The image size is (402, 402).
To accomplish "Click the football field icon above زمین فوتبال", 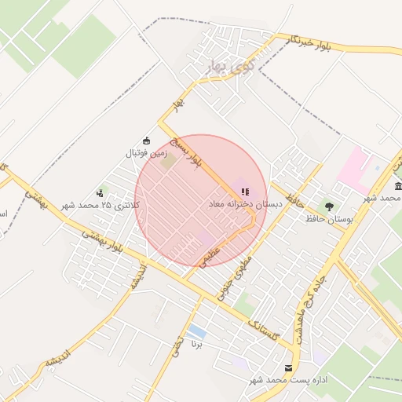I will click(x=145, y=141).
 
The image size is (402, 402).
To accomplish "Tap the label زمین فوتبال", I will click(x=144, y=153).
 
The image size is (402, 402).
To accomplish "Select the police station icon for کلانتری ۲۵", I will click(x=100, y=192).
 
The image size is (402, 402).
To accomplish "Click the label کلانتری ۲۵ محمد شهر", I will click(x=101, y=205).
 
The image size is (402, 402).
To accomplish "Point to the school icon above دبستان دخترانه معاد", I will click(x=245, y=191).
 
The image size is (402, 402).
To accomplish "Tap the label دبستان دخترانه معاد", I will click(x=244, y=203).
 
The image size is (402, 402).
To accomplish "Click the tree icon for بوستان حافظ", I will click(x=329, y=206).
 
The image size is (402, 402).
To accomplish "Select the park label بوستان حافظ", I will click(x=330, y=219).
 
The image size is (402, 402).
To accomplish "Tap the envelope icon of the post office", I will click(x=289, y=367).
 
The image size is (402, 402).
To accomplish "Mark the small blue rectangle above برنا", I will click(x=197, y=332).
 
